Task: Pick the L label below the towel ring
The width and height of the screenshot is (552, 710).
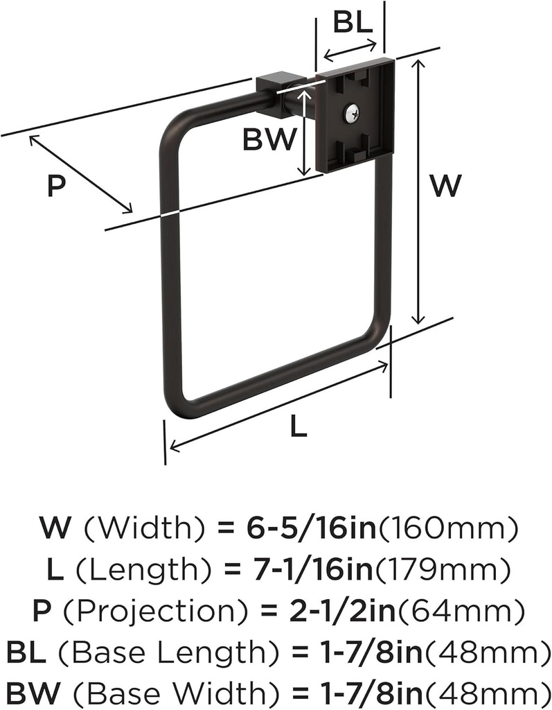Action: pyautogui.click(x=297, y=428)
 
